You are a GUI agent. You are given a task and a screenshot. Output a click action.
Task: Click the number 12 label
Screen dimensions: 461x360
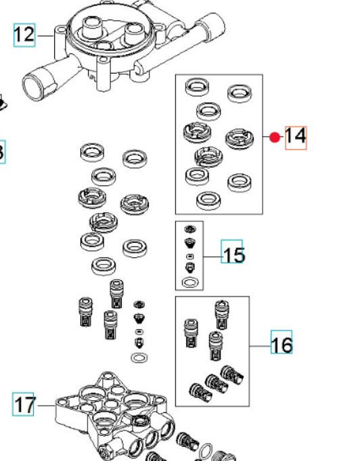click(24, 34)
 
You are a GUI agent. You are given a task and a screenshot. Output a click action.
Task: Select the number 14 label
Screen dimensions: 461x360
click(295, 137)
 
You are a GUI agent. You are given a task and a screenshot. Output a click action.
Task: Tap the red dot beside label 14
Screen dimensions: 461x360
click(274, 137)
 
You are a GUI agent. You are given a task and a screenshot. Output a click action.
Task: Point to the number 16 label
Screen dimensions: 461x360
click(282, 344)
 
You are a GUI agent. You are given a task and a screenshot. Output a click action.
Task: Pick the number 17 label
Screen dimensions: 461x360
click(24, 405)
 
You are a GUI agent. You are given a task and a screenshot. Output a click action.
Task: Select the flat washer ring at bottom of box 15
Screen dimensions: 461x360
click(192, 280)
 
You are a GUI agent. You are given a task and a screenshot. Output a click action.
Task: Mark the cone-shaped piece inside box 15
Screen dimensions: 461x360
click(190, 242)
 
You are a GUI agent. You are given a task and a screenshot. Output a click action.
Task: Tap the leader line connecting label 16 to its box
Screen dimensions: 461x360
click(260, 345)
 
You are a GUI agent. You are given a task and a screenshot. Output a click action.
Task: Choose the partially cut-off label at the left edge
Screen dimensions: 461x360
click(1, 152)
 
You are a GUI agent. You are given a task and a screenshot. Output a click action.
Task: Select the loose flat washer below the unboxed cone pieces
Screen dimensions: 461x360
click(139, 357)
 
